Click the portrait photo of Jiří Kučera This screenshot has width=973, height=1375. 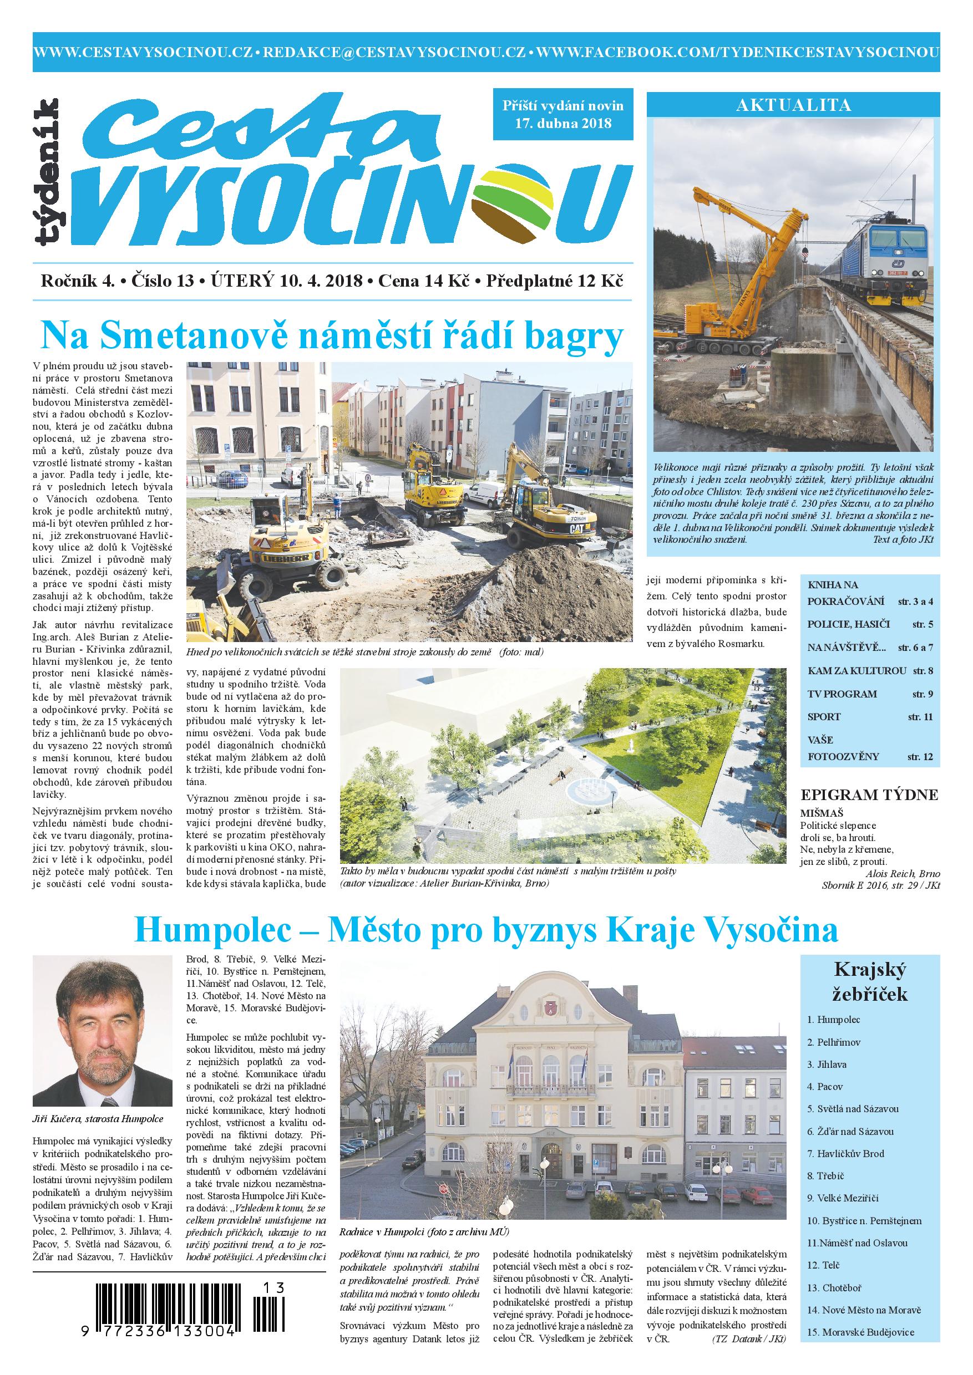(104, 1030)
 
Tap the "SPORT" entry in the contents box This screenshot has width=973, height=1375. (824, 717)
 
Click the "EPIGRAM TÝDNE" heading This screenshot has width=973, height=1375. (869, 795)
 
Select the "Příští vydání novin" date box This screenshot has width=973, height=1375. (562, 114)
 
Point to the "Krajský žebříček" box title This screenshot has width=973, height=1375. (869, 981)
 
